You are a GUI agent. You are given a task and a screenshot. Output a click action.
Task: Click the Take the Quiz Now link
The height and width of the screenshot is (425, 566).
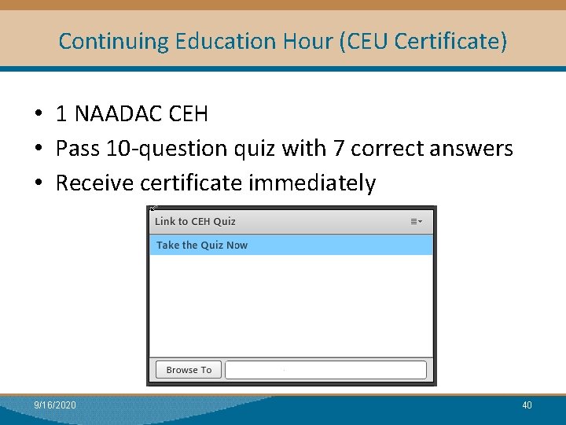click(x=202, y=246)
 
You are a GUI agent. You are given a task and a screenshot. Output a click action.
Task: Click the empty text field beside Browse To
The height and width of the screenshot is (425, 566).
click(x=325, y=370)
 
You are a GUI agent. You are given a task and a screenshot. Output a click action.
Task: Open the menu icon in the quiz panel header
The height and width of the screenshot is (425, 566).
click(x=417, y=222)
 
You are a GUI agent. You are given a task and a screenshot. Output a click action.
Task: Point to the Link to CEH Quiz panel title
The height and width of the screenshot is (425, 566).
click(x=195, y=222)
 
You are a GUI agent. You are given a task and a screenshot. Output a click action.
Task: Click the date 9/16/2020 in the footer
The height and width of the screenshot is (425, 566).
click(x=55, y=405)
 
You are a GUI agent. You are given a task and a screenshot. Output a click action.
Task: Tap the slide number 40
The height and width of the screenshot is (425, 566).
click(x=527, y=405)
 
